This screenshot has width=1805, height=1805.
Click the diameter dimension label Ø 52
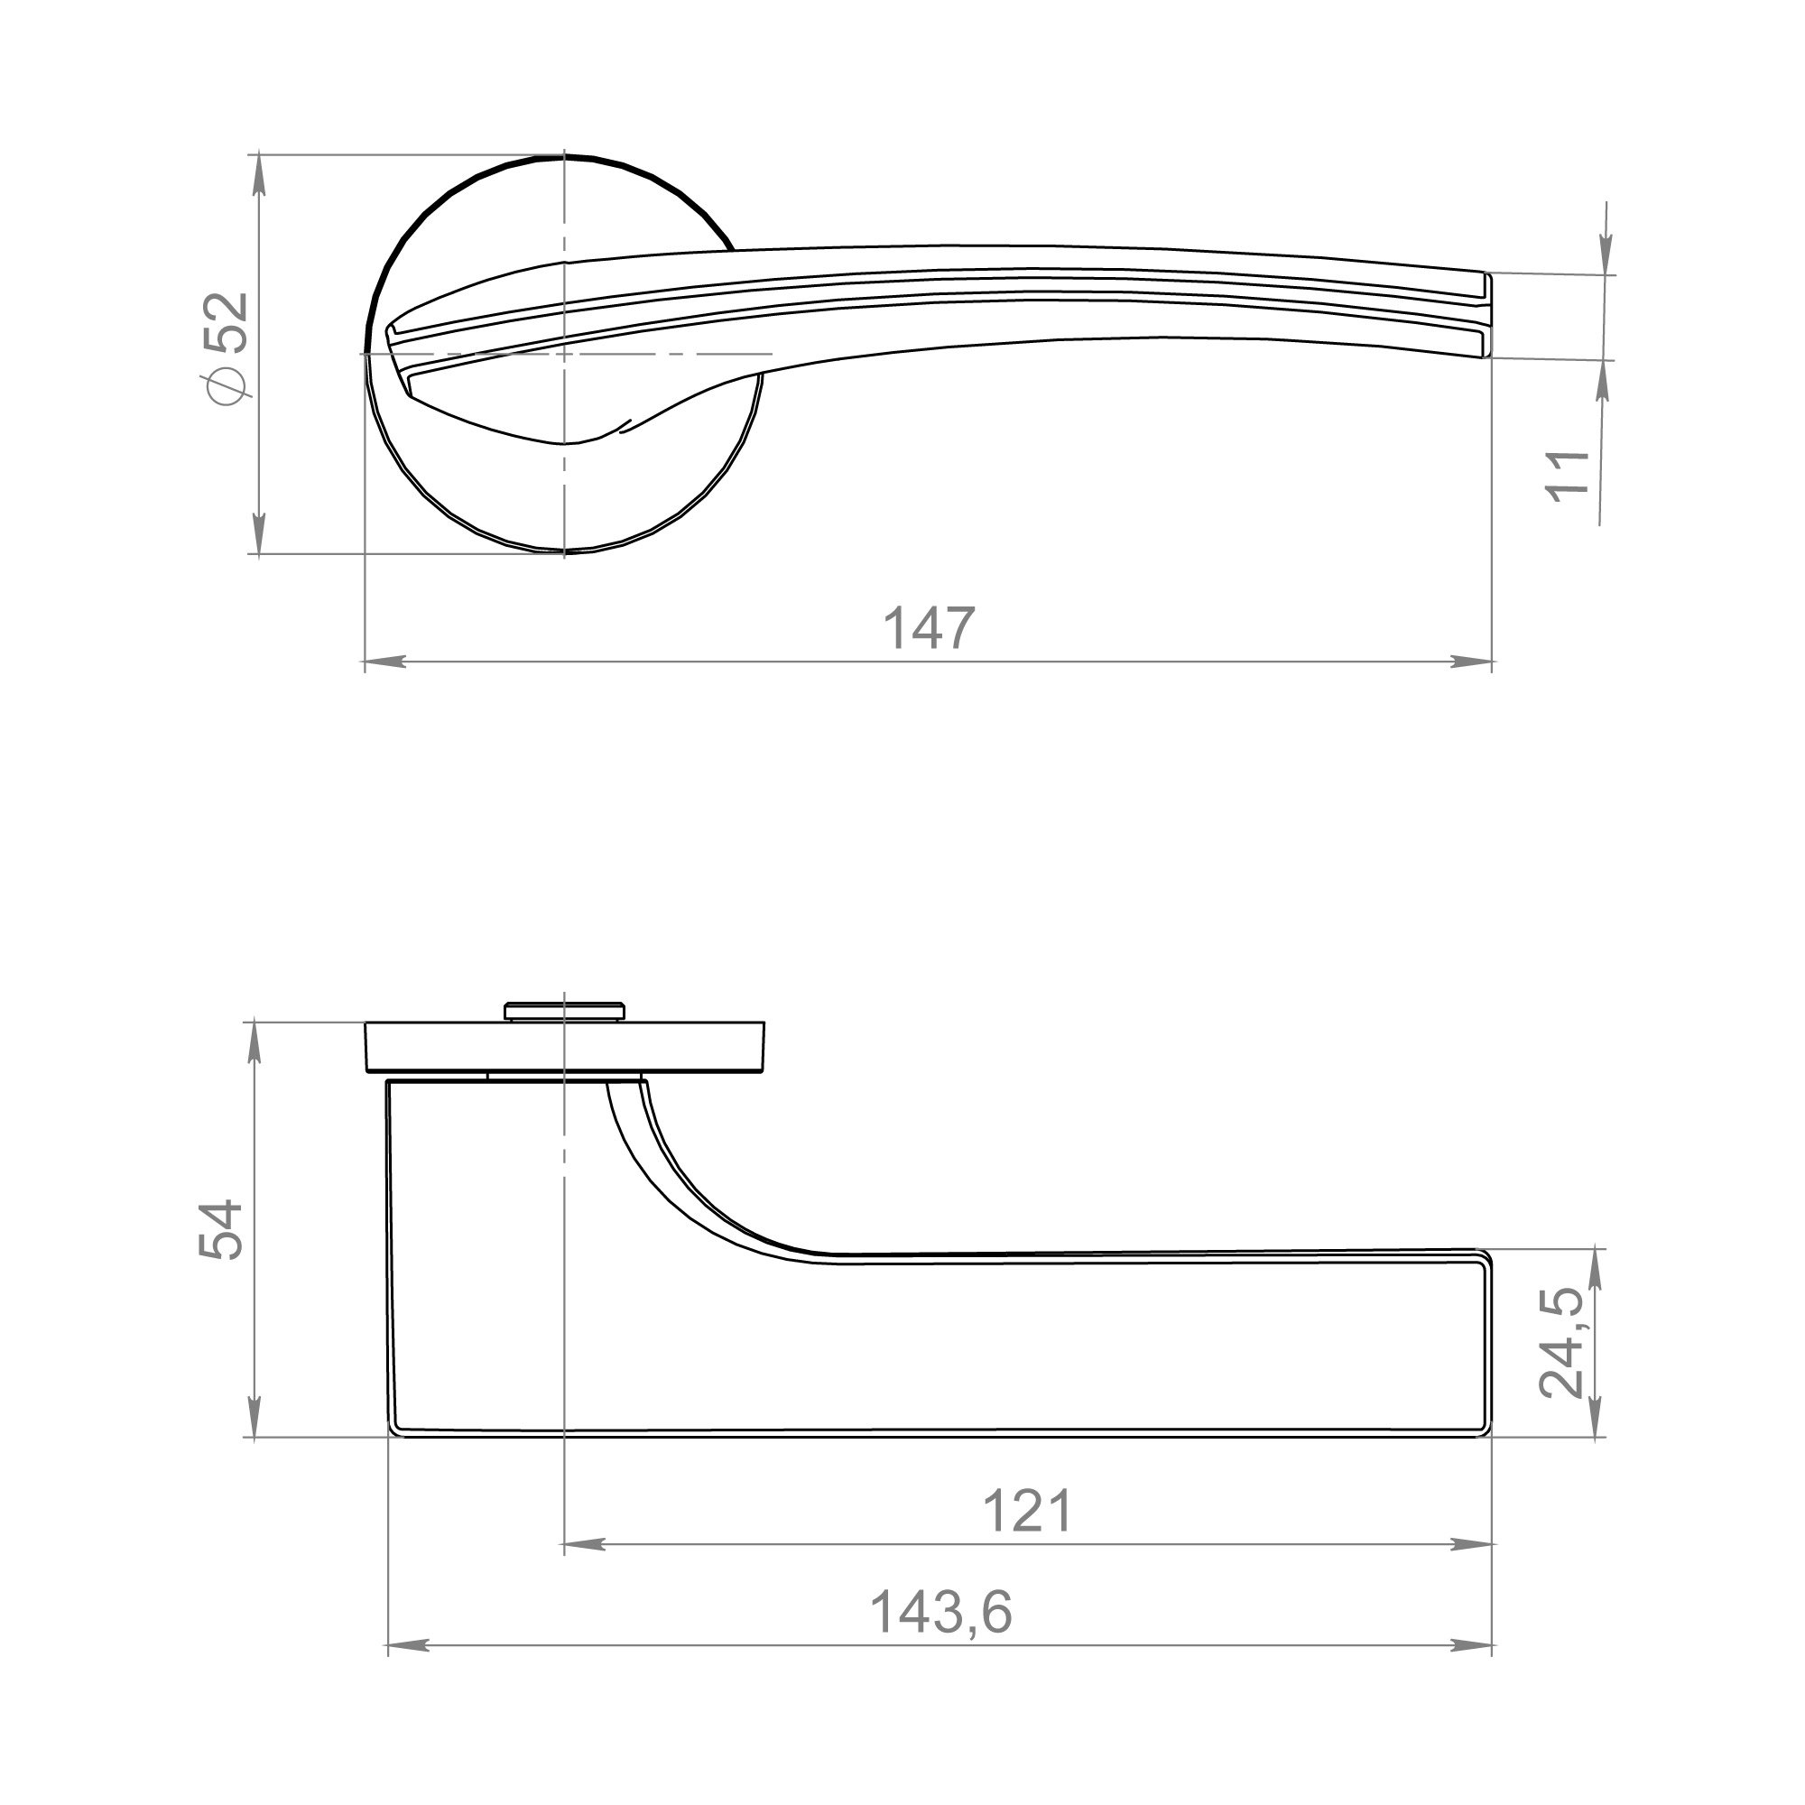pos(229,348)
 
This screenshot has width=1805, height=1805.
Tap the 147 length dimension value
pos(929,629)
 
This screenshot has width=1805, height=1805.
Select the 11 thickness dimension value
pos(1569,477)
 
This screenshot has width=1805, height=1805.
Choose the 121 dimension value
pos(1028,1511)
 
